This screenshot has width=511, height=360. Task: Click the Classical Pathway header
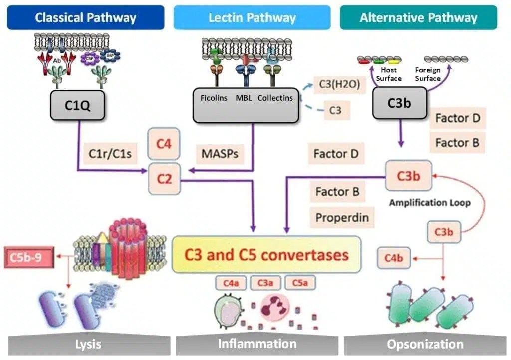point(85,18)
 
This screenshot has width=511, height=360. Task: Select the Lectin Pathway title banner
point(252,18)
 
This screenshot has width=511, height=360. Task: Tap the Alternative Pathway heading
point(418,18)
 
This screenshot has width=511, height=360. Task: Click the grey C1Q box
point(77,105)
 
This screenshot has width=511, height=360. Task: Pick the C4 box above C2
point(164,144)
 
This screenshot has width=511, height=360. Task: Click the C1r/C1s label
point(110,153)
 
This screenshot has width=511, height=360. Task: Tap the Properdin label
point(342,218)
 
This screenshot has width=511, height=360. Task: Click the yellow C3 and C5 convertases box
point(266,255)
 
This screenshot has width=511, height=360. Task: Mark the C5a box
point(300,283)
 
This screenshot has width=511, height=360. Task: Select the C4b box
point(393,258)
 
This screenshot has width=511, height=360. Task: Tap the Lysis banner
point(88,344)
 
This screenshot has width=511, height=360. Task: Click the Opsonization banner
point(425,344)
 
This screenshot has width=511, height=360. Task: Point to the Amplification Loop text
point(430,203)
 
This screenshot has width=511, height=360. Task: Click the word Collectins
point(275,98)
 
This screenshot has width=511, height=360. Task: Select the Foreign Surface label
point(428,74)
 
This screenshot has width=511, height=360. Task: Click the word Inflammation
point(257,344)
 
